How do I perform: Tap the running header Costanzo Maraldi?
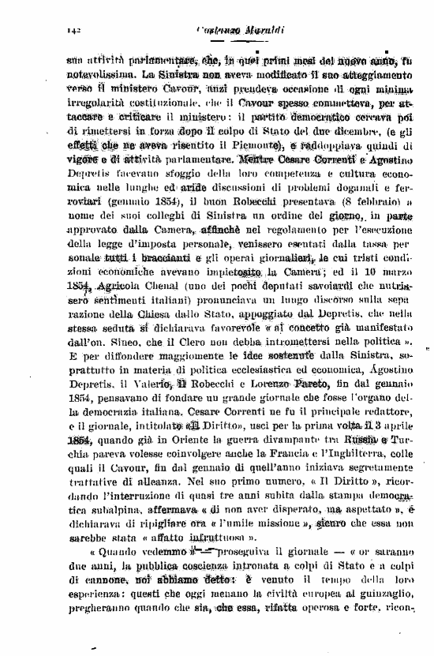tap(229, 29)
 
